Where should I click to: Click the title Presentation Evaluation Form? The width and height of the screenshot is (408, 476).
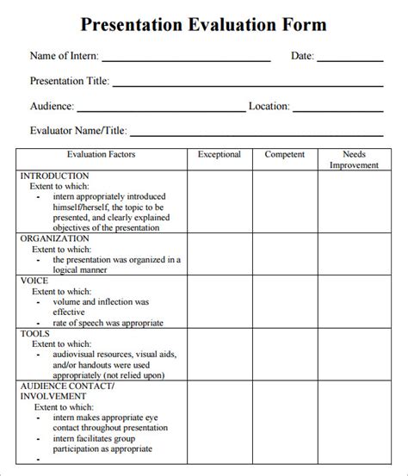(x=203, y=24)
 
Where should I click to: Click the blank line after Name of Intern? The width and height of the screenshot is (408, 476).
(x=186, y=60)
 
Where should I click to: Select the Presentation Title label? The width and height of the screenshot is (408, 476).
(x=69, y=82)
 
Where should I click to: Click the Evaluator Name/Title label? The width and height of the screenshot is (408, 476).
(x=78, y=131)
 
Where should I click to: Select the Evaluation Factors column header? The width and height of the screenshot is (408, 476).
(x=102, y=155)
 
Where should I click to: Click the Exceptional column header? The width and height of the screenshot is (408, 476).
(x=219, y=155)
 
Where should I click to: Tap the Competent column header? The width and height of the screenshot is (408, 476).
(x=284, y=155)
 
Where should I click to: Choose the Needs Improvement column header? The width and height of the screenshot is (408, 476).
(x=354, y=160)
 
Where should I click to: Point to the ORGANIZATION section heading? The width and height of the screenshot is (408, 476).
(x=55, y=238)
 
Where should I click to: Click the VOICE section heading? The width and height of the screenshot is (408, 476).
(x=34, y=281)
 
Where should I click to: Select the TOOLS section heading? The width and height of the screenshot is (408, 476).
(x=35, y=332)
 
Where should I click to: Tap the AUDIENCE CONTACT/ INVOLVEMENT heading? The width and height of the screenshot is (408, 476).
(x=55, y=392)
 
